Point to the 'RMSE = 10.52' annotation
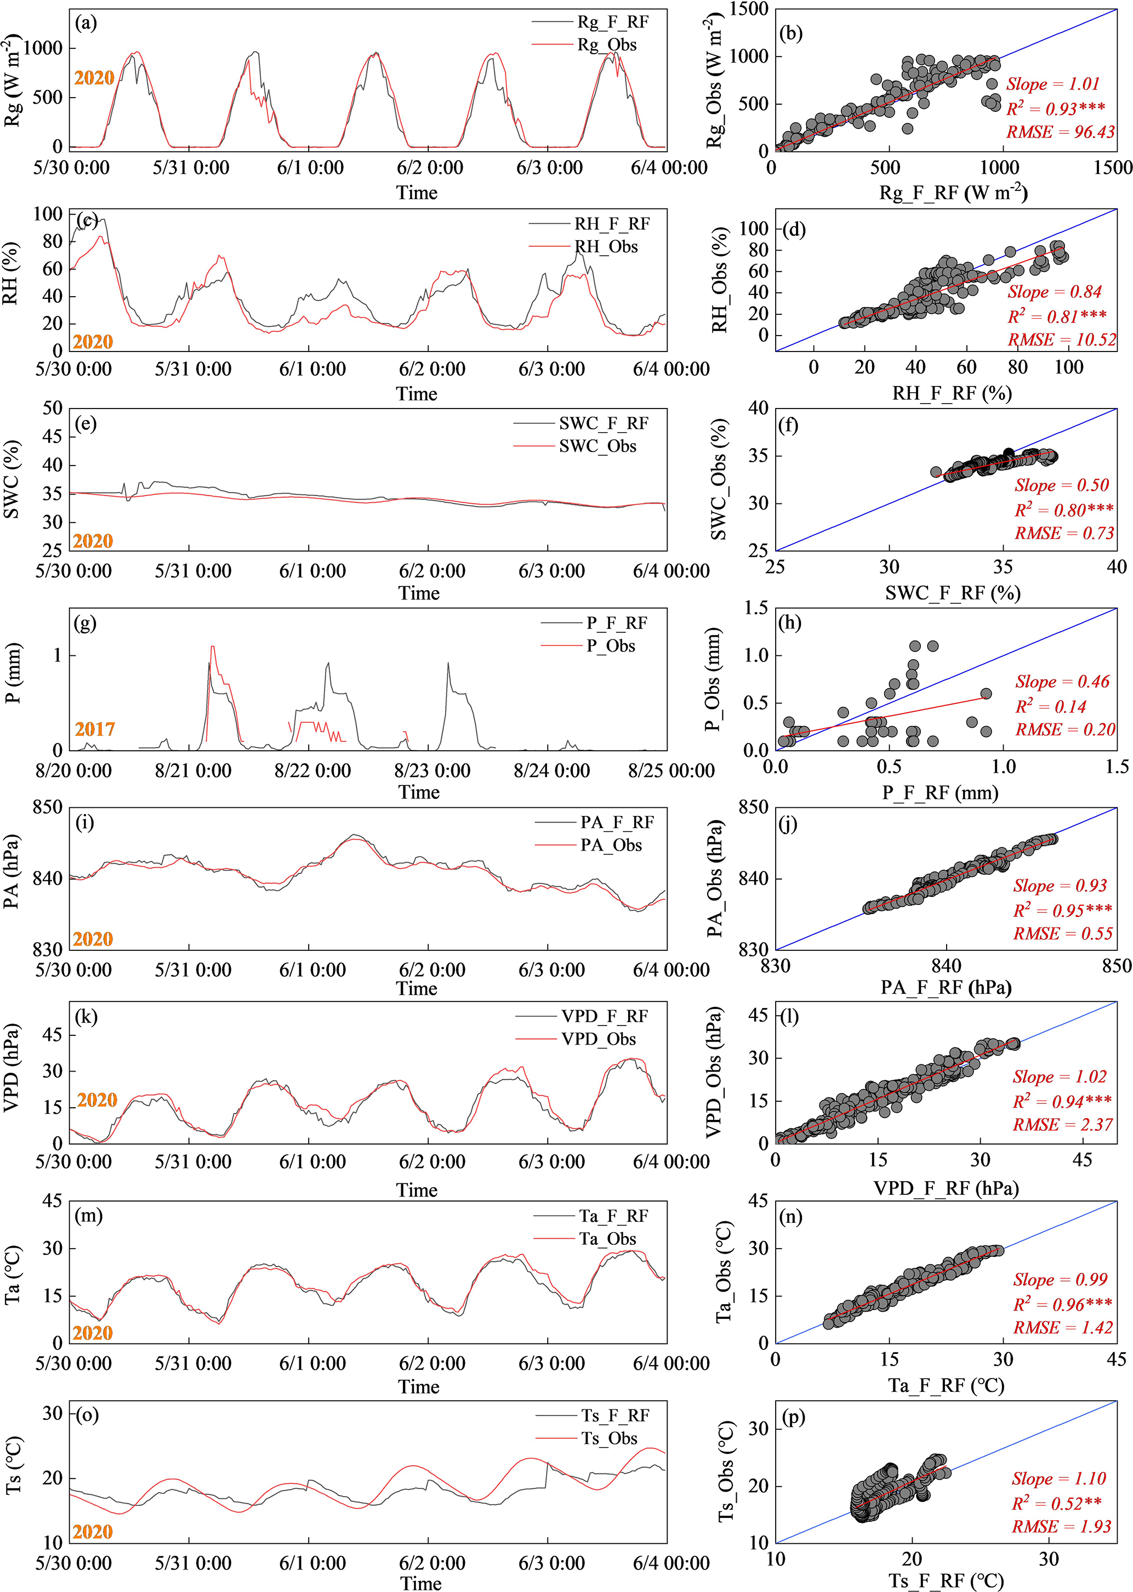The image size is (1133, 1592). click(x=1061, y=340)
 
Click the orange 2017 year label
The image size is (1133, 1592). click(x=95, y=729)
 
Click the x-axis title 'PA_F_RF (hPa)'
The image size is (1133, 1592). click(x=946, y=988)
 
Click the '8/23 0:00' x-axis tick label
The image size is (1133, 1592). click(x=432, y=771)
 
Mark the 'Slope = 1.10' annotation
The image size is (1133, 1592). click(x=1059, y=1479)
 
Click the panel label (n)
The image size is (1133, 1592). click(x=790, y=1217)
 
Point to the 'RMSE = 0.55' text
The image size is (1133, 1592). click(x=1062, y=934)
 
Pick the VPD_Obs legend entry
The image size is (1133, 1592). click(x=598, y=1039)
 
